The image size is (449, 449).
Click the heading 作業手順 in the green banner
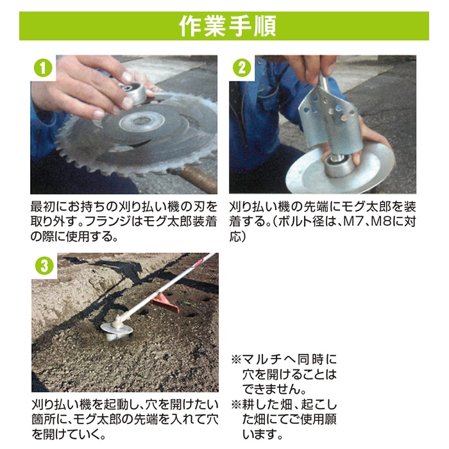click(228, 26)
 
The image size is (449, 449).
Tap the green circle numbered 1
click(43, 69)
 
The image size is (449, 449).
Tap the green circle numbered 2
click(242, 69)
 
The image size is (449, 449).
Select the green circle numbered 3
click(44, 266)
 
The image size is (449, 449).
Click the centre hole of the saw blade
click(142, 121)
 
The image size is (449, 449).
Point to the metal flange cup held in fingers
click(133, 92)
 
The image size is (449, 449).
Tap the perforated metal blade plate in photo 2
click(329, 117)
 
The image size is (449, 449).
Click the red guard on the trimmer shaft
click(164, 303)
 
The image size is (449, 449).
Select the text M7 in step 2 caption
click(353, 222)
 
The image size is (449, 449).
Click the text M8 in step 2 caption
click(381, 222)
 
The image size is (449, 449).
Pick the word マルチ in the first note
click(260, 360)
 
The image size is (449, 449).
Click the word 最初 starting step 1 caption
click(43, 207)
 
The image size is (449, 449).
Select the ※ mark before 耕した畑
click(237, 405)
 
